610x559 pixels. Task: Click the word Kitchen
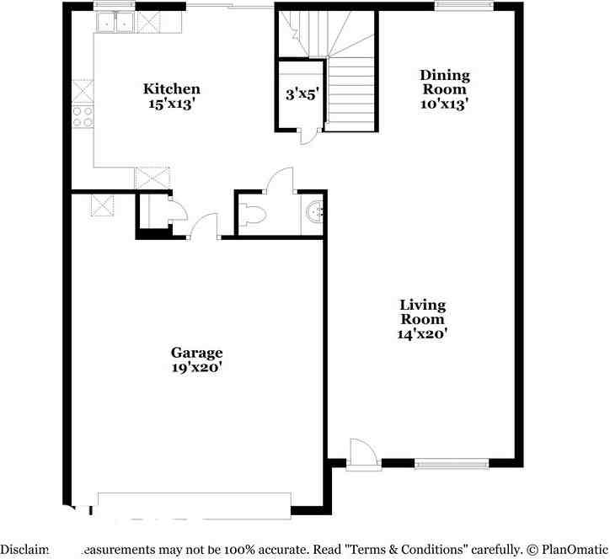[171, 88]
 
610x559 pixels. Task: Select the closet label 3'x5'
[301, 94]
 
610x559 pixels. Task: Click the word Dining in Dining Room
[445, 75]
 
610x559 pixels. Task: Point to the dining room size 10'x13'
[445, 104]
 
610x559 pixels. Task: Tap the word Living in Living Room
[422, 304]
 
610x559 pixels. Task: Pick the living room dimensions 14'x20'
[422, 333]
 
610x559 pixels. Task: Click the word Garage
[196, 352]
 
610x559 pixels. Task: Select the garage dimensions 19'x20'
[196, 367]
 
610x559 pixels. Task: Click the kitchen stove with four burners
[83, 116]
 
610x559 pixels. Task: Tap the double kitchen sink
[115, 23]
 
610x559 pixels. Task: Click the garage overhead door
[195, 503]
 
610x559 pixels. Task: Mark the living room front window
[452, 462]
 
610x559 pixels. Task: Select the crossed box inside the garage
[103, 205]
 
